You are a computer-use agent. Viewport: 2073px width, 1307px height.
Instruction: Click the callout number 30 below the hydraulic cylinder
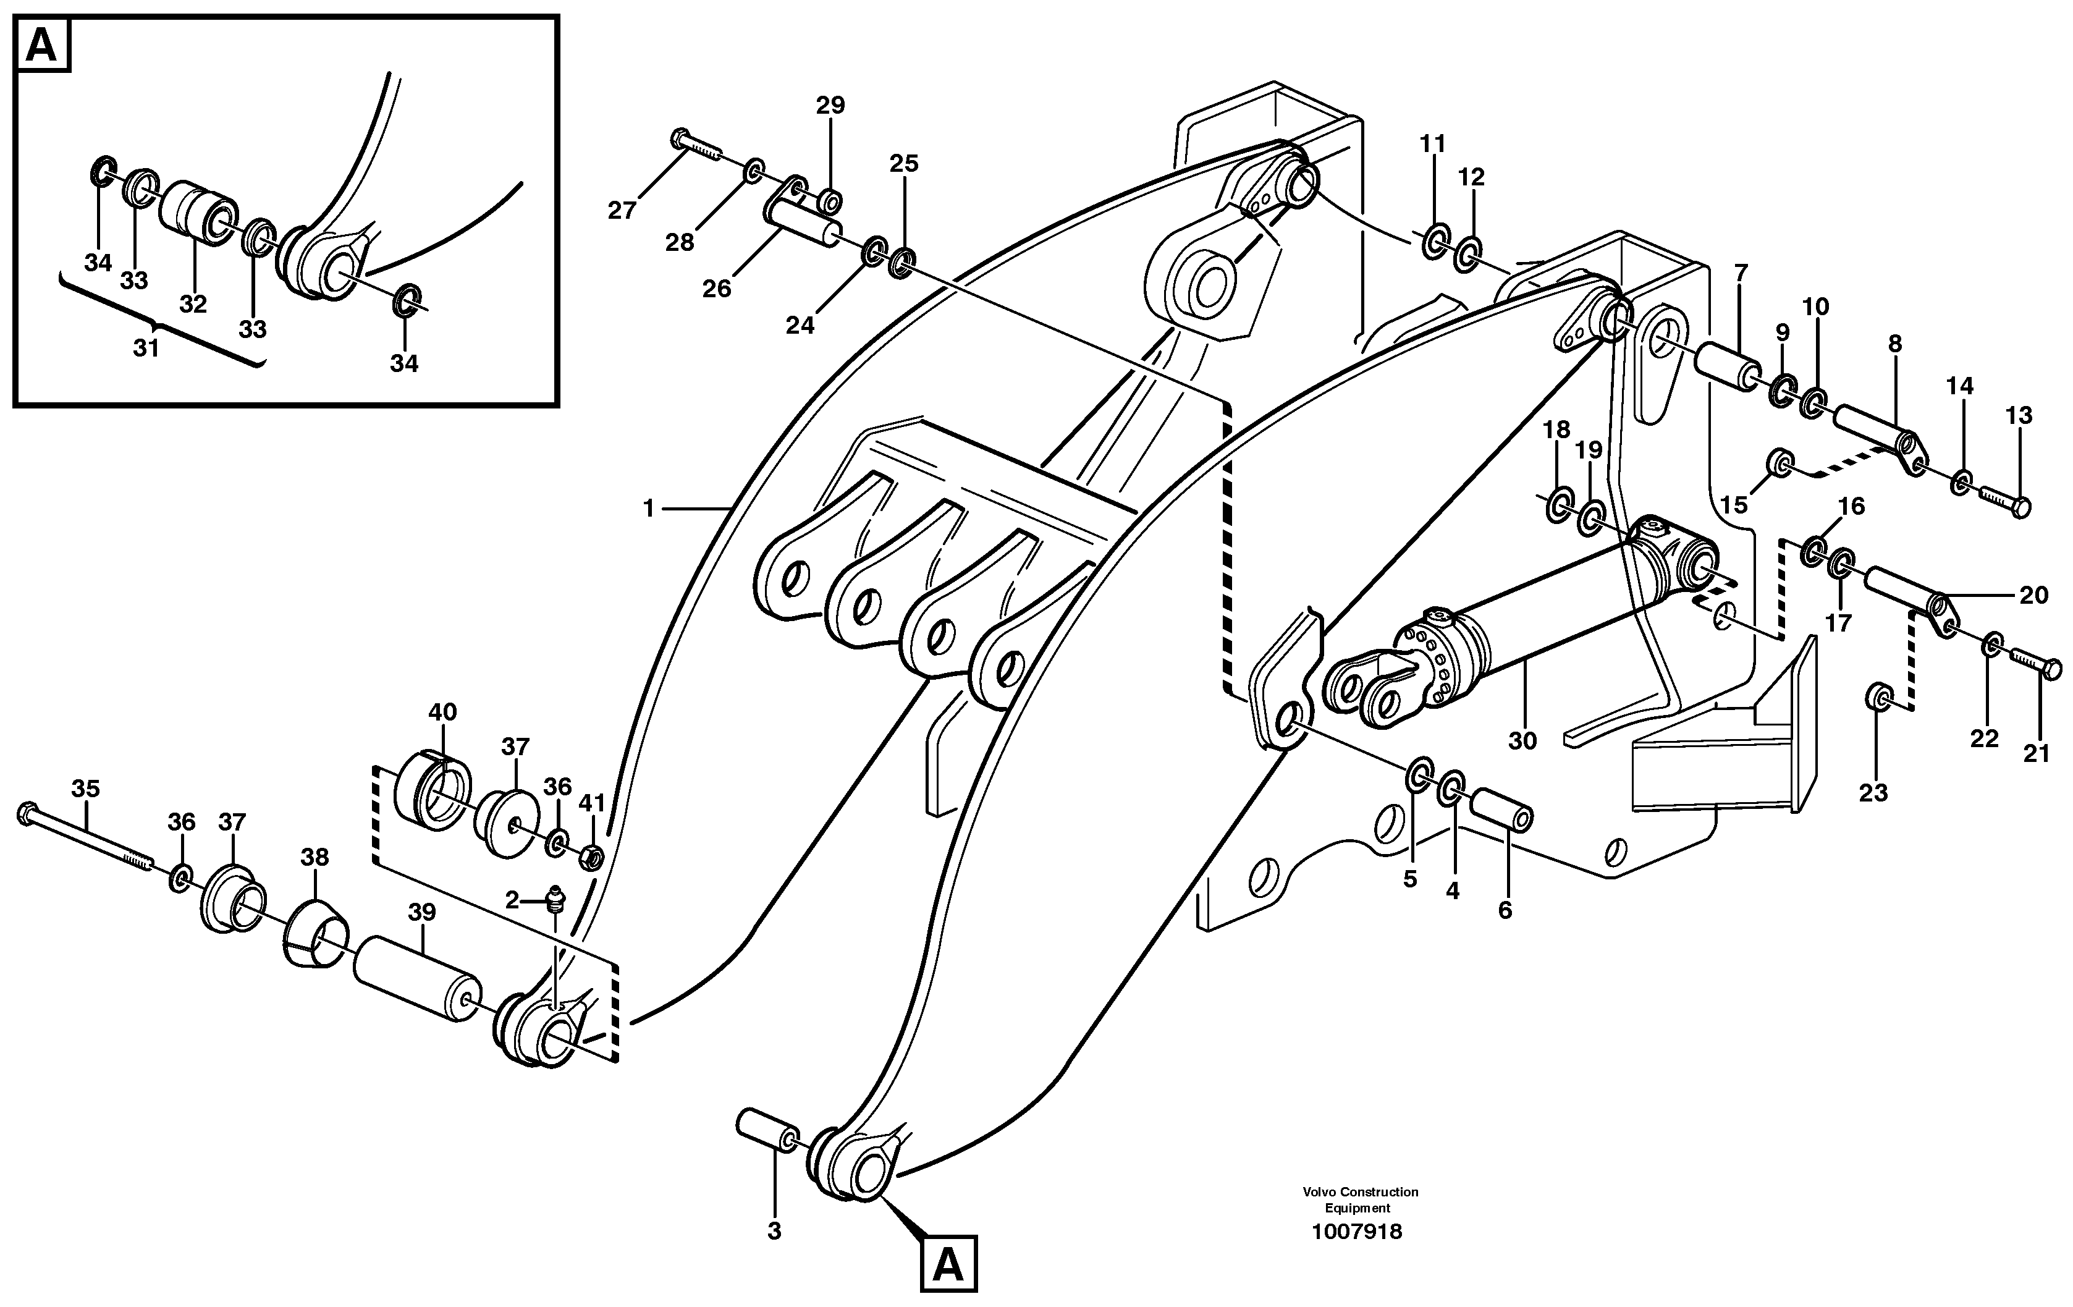pyautogui.click(x=1522, y=740)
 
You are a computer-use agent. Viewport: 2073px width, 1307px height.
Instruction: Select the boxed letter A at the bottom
pyautogui.click(x=948, y=1265)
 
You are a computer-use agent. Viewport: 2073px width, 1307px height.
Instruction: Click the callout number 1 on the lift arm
pyautogui.click(x=649, y=509)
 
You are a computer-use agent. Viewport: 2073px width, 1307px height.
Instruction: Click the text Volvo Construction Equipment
pyautogui.click(x=1359, y=1199)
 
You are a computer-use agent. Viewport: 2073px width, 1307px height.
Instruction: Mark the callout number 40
pyautogui.click(x=442, y=712)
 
